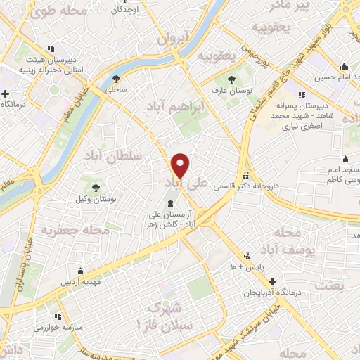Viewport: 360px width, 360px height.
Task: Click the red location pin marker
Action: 181,166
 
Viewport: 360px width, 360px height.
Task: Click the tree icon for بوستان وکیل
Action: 95,187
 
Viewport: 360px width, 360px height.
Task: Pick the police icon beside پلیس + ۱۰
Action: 247,257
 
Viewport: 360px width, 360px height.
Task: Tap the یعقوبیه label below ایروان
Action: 214,56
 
